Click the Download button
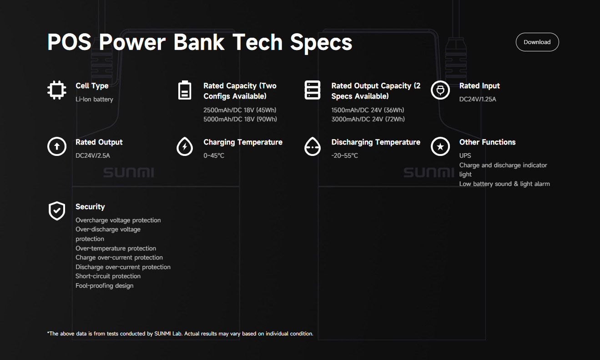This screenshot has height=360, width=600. coord(537,42)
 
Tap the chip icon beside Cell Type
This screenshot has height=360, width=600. coord(57,90)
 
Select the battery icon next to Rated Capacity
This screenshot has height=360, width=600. coord(185,90)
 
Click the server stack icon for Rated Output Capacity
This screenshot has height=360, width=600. coord(313,90)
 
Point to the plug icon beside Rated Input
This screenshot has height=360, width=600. coord(440,90)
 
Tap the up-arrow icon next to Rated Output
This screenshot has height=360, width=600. coord(57,146)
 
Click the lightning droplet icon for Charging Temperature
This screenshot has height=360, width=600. coord(185,146)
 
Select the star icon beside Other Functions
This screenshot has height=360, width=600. coord(440,146)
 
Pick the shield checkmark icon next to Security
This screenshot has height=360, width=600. coord(57,211)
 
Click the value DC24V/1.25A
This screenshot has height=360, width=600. coord(478,99)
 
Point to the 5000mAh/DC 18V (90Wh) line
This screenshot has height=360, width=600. coord(240,119)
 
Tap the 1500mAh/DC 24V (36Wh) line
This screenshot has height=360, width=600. coord(368,110)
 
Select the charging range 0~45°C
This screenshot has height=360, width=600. coord(214,155)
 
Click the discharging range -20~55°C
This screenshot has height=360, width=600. coord(344,155)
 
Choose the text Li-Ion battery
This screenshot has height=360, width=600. coord(94,99)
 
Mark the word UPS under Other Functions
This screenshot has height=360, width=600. coord(465,155)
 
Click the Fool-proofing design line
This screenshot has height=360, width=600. coord(105,285)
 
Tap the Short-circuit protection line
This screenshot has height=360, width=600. coord(108,276)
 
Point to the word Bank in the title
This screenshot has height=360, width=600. coord(199,42)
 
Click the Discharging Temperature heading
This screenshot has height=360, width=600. coord(376,142)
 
